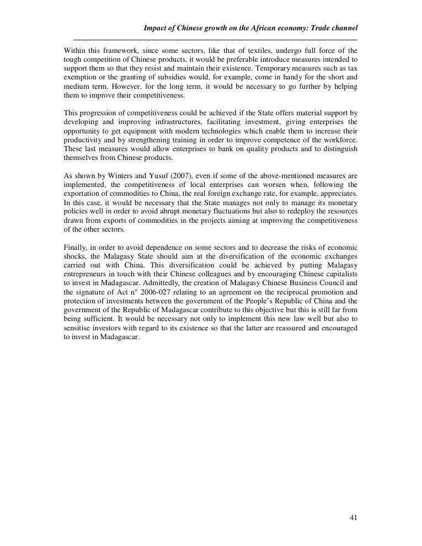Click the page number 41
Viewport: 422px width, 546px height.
(354, 518)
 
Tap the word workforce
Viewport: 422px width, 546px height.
(338, 140)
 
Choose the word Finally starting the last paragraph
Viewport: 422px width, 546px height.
(76, 248)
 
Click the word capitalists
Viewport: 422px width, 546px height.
(337, 274)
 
